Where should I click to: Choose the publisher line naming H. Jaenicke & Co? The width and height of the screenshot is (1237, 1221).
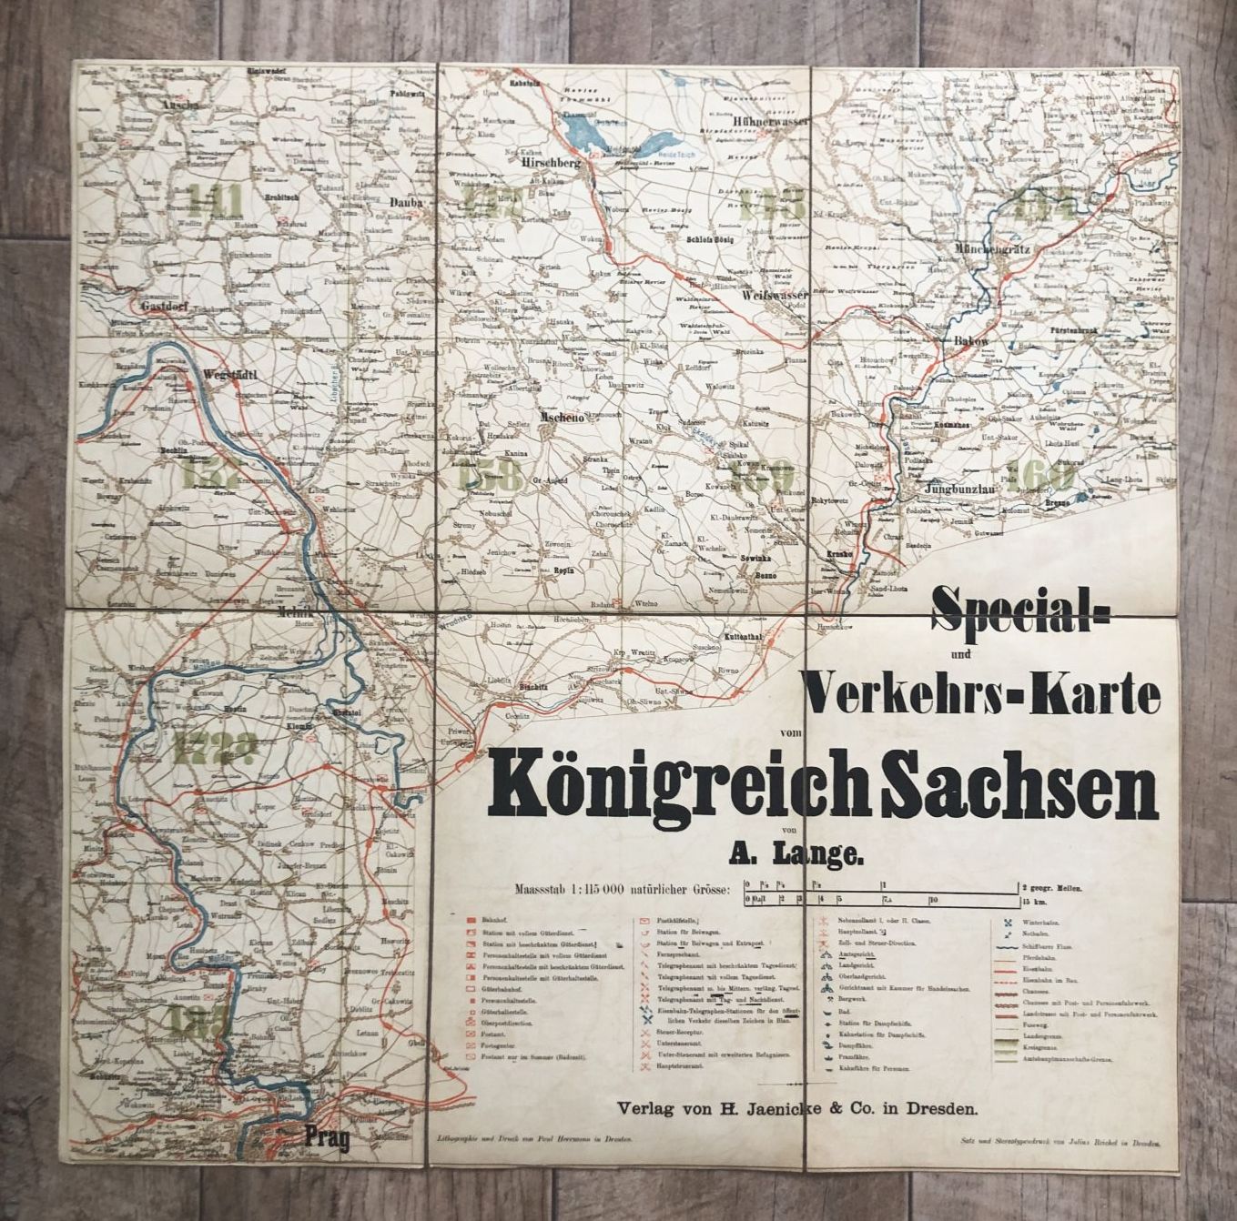(797, 1108)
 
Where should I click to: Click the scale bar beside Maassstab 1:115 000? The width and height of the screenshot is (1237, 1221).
(881, 893)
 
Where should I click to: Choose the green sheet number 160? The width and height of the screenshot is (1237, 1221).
(1043, 474)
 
